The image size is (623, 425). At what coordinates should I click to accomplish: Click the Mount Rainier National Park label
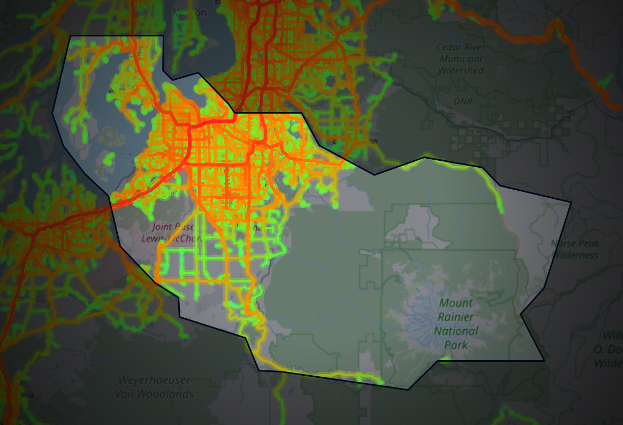[x=457, y=324]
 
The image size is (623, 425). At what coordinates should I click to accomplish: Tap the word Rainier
[x=456, y=317]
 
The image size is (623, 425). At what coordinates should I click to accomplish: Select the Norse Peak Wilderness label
[x=575, y=249]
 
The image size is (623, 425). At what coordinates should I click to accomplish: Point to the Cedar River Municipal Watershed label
[x=460, y=59]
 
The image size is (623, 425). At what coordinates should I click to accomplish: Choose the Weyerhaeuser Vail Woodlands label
[x=154, y=387]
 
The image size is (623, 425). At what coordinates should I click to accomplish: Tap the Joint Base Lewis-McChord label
[x=166, y=233]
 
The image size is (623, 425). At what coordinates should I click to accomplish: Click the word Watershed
[x=461, y=71]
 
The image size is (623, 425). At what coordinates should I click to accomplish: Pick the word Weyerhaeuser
[x=154, y=381]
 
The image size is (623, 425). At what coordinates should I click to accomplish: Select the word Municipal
[x=460, y=59]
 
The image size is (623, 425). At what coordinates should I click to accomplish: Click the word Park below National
[x=456, y=345]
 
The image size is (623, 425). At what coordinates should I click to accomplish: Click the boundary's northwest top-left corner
[x=70, y=36]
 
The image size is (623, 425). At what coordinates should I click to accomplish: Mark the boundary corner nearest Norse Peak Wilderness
[x=571, y=203]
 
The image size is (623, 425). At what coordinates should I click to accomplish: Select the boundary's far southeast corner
[x=544, y=361]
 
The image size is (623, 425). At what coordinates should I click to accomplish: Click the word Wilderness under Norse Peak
[x=575, y=255]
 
